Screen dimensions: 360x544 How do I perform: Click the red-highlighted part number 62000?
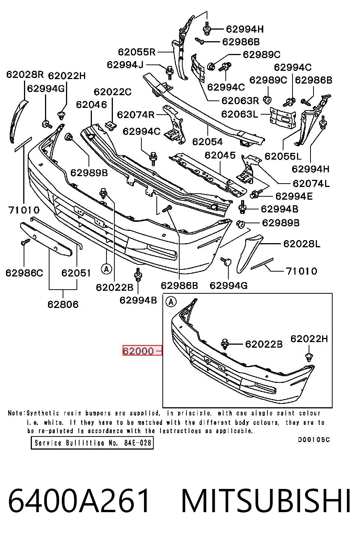point(138,351)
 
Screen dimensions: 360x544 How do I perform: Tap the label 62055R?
point(136,52)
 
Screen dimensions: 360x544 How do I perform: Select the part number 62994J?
point(125,64)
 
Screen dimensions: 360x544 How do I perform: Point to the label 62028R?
point(25,74)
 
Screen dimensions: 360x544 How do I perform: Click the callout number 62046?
point(91,105)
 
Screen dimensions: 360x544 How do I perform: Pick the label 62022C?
point(112,92)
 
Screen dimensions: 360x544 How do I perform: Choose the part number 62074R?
point(136,115)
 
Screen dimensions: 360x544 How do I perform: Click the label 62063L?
point(240,114)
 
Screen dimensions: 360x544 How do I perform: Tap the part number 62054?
point(207,142)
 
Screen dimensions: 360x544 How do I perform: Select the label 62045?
point(220,155)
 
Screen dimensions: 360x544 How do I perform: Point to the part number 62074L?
point(311,184)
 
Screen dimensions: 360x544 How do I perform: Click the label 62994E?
point(294,196)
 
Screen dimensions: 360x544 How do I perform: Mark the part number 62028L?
point(302,244)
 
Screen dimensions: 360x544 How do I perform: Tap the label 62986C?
point(24,273)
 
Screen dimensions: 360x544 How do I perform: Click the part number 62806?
point(63,304)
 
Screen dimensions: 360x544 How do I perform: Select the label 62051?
point(76,273)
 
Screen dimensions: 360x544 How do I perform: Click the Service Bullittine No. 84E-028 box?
point(92,443)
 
